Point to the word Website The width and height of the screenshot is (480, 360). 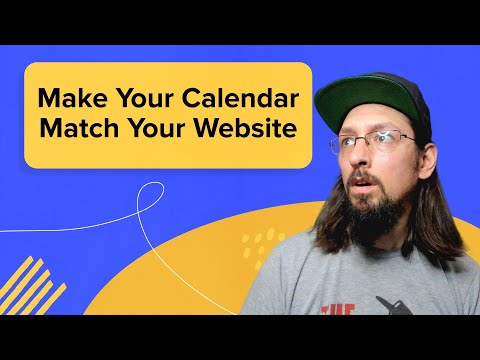(x=248, y=131)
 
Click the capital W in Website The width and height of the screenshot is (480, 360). (x=212, y=131)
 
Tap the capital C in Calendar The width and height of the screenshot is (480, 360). (x=194, y=100)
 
